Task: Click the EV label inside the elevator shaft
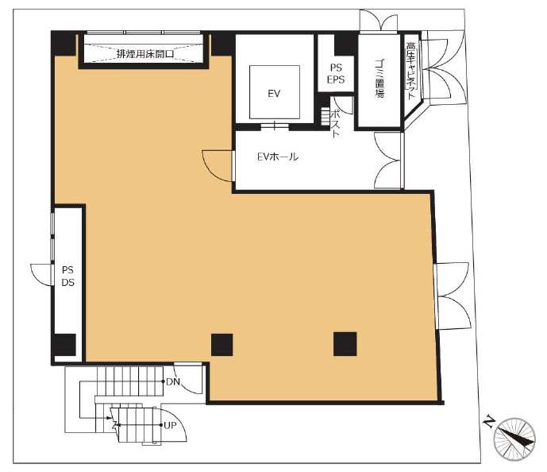(274, 94)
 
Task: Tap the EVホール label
(278, 157)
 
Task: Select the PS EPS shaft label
(336, 73)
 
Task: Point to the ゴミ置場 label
(379, 78)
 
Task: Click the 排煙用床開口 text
(145, 54)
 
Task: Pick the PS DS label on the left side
(68, 276)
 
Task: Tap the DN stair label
(173, 381)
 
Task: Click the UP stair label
(170, 425)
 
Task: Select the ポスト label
(335, 123)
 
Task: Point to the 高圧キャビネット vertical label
(411, 71)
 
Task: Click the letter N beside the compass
(489, 421)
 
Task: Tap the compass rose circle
(514, 439)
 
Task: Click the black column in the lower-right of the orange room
(345, 344)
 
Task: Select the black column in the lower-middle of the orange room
(221, 345)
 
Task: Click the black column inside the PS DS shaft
(65, 345)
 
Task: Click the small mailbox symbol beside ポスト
(326, 117)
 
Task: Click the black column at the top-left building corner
(64, 43)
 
